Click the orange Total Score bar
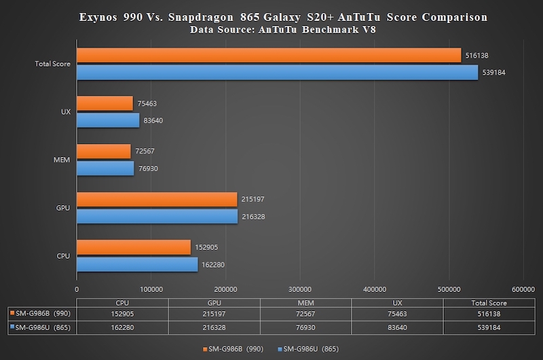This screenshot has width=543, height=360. pos(269,56)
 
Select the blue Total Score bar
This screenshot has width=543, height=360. pos(278,73)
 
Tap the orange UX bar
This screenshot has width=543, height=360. pos(105,103)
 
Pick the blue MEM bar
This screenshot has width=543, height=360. pos(105,168)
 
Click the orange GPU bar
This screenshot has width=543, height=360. pos(157,199)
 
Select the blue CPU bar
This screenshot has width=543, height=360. pos(137,264)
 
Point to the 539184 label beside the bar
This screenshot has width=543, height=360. pos(494,73)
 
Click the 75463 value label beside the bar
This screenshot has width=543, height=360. pos(147,103)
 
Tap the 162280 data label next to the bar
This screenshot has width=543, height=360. pos(213,265)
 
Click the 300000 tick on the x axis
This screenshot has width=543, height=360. pos(300,289)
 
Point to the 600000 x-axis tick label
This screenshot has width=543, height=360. pos(523,289)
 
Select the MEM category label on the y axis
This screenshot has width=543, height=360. pos(61,160)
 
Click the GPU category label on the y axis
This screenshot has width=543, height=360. pos(63,208)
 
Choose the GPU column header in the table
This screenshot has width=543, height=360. pos(214,303)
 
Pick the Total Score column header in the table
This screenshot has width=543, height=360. pos(489,303)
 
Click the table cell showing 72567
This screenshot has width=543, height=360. pos(305,314)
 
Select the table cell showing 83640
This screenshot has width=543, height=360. pos(397,327)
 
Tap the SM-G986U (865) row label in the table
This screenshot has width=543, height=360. pos(41,327)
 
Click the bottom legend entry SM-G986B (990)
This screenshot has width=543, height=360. pos(233,349)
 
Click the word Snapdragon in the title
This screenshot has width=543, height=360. pos(201,18)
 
